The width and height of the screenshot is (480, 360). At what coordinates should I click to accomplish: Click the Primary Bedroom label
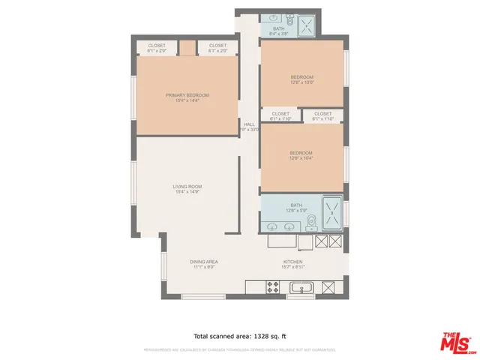[187, 95]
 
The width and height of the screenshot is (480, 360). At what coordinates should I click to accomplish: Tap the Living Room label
[187, 186]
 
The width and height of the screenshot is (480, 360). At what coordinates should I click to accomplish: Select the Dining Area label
[203, 261]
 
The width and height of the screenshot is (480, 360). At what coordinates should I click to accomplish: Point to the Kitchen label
[292, 261]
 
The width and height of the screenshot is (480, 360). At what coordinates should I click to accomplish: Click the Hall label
[249, 124]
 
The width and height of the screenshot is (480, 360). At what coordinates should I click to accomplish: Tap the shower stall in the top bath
[307, 26]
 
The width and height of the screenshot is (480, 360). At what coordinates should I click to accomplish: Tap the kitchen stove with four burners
[274, 287]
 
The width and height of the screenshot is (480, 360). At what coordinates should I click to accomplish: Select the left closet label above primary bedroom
[157, 46]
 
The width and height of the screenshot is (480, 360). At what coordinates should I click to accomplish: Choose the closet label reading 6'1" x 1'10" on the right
[322, 113]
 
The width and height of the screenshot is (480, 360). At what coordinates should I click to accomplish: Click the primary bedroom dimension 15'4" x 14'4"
[187, 101]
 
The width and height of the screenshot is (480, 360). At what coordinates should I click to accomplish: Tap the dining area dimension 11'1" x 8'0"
[203, 267]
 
